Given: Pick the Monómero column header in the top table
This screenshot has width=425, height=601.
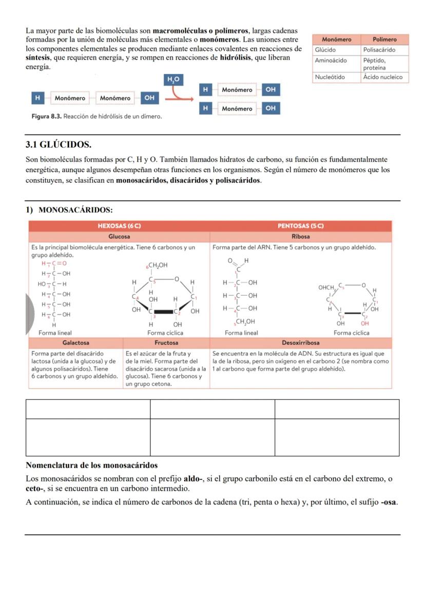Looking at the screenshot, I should point(336,40).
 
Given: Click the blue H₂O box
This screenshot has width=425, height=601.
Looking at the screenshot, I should point(173,79).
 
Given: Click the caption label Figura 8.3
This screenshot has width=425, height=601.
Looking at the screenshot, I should point(47,117).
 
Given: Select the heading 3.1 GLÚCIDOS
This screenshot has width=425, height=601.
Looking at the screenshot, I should point(59,145).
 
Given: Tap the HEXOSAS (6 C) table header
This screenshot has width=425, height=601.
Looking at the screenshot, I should point(119,226).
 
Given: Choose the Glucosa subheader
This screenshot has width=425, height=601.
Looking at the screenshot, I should point(119,237).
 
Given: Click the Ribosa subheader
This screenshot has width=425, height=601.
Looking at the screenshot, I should point(301,237).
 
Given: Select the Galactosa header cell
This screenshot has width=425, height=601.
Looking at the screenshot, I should point(76,342).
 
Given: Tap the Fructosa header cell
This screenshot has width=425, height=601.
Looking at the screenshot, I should point(166,342).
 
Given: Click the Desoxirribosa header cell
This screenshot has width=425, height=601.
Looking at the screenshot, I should point(301,342).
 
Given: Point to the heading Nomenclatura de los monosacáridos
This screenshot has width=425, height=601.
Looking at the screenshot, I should point(91,466).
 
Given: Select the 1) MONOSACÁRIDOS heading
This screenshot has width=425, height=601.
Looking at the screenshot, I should point(69,210).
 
